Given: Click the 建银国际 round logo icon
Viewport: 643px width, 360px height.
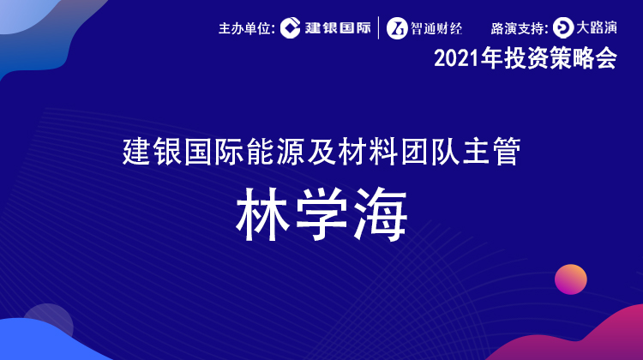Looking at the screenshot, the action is pyautogui.click(x=291, y=28).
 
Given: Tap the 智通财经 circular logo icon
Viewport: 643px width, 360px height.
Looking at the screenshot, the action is pyautogui.click(x=397, y=28).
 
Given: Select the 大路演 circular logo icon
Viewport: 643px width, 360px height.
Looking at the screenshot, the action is pyautogui.click(x=563, y=28).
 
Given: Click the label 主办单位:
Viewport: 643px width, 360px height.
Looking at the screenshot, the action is pyautogui.click(x=247, y=28).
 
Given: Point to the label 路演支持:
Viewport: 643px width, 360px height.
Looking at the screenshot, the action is pyautogui.click(x=520, y=28).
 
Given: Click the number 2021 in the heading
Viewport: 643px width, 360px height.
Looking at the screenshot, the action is pyautogui.click(x=456, y=58).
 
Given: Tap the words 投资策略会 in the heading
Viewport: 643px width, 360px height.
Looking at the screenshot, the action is pyautogui.click(x=561, y=58).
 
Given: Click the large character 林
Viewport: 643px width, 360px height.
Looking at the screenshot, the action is pyautogui.click(x=263, y=214).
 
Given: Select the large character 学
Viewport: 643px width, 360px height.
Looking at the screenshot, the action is pyautogui.click(x=321, y=214).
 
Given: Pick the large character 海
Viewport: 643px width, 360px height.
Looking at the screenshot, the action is pyautogui.click(x=381, y=214).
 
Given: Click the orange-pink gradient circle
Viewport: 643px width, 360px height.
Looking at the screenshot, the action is pyautogui.click(x=571, y=279).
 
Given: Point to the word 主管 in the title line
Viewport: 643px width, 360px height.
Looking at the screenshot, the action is pyautogui.click(x=492, y=152).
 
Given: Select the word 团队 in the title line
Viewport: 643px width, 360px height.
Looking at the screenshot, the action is pyautogui.click(x=430, y=152).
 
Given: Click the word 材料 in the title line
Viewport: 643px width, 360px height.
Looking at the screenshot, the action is pyautogui.click(x=368, y=152).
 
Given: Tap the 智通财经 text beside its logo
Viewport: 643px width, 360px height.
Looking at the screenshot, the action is pyautogui.click(x=436, y=28).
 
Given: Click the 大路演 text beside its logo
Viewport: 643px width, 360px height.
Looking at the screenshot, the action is pyautogui.click(x=597, y=28).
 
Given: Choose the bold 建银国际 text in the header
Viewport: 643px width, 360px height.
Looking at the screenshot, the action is pyautogui.click(x=338, y=28).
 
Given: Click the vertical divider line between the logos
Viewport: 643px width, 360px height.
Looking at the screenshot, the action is pyautogui.click(x=378, y=28).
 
